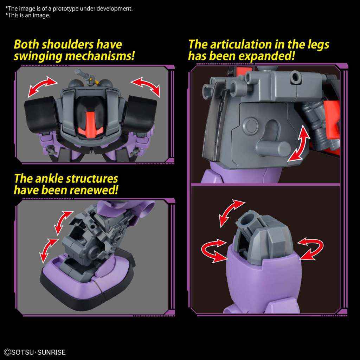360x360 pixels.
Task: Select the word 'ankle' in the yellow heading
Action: pos(49,179)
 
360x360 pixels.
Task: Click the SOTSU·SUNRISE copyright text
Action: pos(35,352)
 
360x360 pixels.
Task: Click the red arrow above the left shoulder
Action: pos(42,86)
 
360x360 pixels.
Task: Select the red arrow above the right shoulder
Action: pos(145,86)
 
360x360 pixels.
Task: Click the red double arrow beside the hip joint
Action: pos(299,142)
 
